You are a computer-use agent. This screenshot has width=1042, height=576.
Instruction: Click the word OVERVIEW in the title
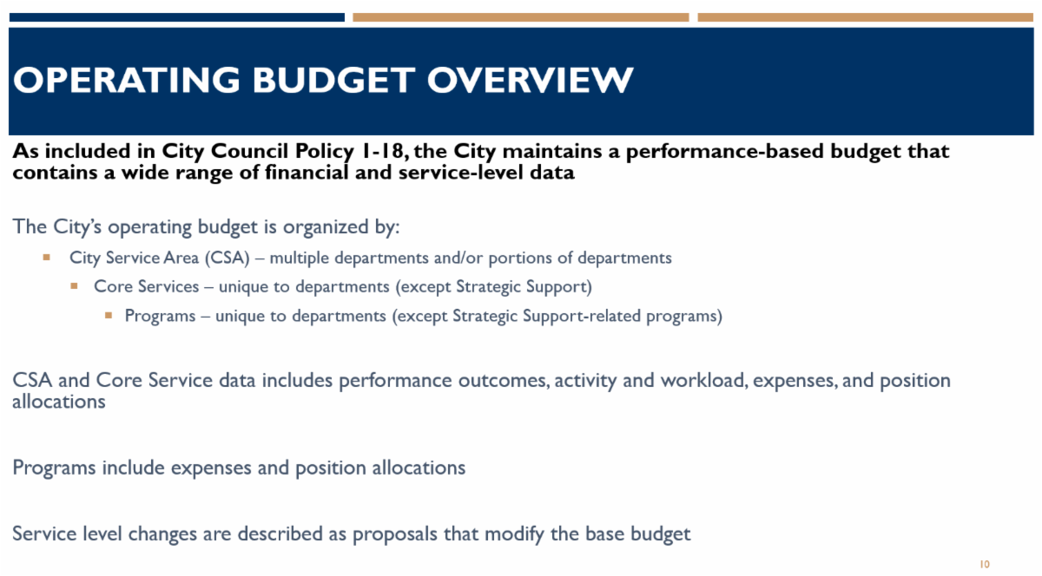point(530,80)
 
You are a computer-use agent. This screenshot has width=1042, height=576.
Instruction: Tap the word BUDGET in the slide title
point(333,80)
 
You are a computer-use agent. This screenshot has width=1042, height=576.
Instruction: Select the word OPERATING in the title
point(127,80)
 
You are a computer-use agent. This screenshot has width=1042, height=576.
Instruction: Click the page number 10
point(985,564)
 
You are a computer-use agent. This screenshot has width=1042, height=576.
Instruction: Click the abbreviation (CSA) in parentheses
point(228,258)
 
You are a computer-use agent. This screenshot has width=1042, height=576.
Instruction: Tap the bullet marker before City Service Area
point(47,257)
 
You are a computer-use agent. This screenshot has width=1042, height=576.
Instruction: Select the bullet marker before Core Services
point(74,286)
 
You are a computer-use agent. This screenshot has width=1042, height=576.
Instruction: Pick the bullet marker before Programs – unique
point(109,315)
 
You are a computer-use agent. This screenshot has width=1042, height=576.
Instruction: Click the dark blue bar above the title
point(177,17)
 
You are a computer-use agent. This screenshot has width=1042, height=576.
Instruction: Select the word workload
point(704,380)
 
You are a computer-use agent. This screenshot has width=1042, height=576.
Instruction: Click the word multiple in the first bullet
point(299,258)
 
